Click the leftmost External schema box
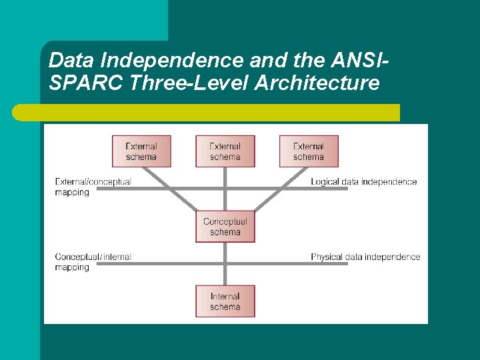pyautogui.click(x=141, y=151)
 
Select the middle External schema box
pyautogui.click(x=225, y=151)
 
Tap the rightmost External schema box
pyautogui.click(x=309, y=151)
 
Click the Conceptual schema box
pyautogui.click(x=225, y=227)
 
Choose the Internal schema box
pyautogui.click(x=225, y=301)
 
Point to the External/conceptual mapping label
pyautogui.click(x=93, y=187)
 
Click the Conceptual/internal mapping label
pyautogui.click(x=93, y=262)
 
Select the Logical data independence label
pyautogui.click(x=364, y=182)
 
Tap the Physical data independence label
pyautogui.click(x=365, y=257)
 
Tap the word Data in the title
pyautogui.click(x=71, y=61)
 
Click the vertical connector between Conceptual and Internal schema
pyautogui.click(x=225, y=263)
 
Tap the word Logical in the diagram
pyautogui.click(x=325, y=182)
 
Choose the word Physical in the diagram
pyautogui.click(x=327, y=257)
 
